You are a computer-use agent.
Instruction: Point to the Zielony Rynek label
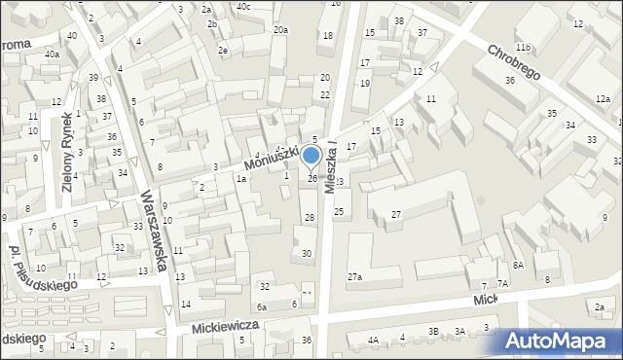(x=69, y=160)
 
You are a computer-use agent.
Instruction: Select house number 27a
(x=354, y=277)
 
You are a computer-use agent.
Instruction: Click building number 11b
(x=523, y=48)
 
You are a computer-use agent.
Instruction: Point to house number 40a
(x=51, y=54)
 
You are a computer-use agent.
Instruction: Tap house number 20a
(x=279, y=30)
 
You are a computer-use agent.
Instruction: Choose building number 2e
(x=223, y=50)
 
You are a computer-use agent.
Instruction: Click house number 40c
(x=243, y=6)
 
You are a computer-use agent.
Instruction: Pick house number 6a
(x=261, y=306)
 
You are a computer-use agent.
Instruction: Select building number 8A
(x=518, y=265)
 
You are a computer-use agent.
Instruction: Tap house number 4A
(x=373, y=340)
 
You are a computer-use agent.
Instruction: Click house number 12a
(x=604, y=98)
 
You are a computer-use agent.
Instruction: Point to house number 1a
(x=240, y=179)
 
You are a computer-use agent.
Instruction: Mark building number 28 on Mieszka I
(x=309, y=217)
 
